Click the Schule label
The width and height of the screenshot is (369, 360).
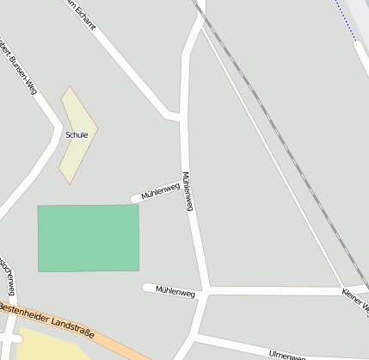[x=77, y=134]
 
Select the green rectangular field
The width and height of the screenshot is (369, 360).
[x=88, y=238]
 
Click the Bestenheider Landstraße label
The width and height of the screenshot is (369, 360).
[x=48, y=318]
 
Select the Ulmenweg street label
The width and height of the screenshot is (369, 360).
[x=286, y=355]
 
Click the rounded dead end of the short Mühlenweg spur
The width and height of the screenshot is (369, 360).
[x=135, y=199]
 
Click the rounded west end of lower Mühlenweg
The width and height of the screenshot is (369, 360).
[x=147, y=288]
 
